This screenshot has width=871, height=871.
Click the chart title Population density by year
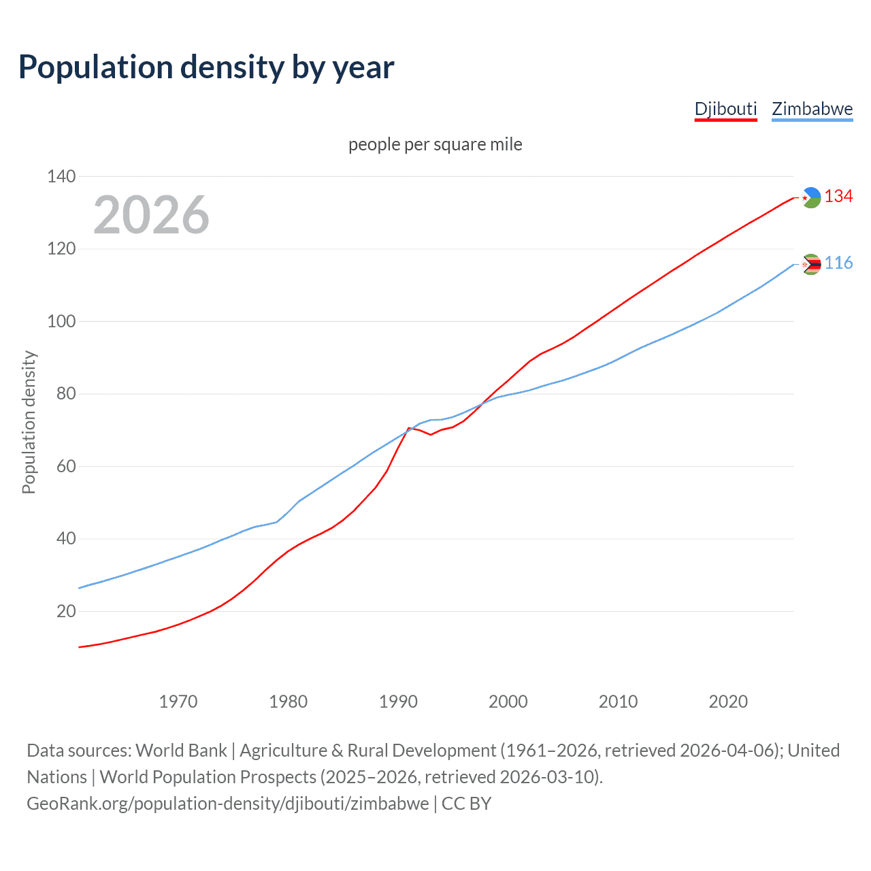[206, 67]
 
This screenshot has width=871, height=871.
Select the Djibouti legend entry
[725, 109]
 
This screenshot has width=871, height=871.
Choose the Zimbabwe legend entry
[812, 109]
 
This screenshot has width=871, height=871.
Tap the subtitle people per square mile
[435, 145]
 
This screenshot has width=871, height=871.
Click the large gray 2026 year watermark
[151, 215]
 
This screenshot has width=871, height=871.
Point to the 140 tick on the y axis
[61, 177]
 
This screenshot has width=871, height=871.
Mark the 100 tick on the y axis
[61, 321]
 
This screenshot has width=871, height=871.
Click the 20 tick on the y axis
[66, 611]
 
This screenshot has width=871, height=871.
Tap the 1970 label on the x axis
[178, 702]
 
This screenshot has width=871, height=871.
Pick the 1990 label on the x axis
[398, 702]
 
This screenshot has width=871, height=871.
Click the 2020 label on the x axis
[728, 702]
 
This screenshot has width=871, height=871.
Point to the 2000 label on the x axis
[508, 702]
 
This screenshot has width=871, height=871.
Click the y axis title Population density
[29, 422]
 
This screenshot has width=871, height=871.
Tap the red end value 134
[838, 197]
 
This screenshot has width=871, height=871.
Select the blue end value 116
[838, 263]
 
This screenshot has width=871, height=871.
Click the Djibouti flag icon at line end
[811, 197]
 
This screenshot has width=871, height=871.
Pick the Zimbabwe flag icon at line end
[811, 264]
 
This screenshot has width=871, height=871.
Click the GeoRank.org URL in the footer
[228, 804]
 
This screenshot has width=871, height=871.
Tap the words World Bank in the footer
[181, 751]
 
